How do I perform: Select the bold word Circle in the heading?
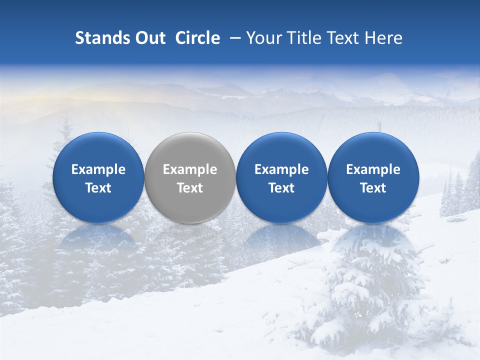pos(197,38)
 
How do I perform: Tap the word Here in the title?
pos(383,38)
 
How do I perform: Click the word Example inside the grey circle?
pos(190,169)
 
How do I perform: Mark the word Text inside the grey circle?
pos(190,188)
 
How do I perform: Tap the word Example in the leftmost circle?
pos(98,169)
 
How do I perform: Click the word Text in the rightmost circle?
pos(373,188)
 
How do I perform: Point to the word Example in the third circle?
pos(281,169)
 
